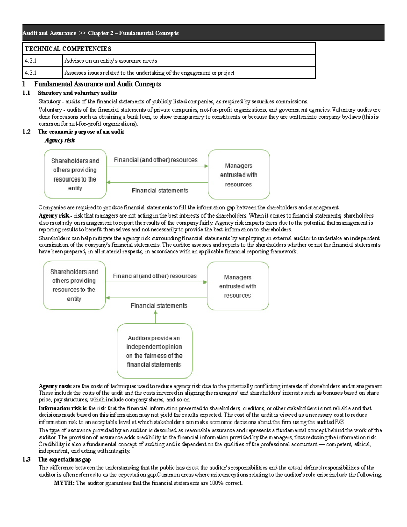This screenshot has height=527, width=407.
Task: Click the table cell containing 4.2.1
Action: click(x=43, y=61)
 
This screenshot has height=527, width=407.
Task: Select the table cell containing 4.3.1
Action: click(x=43, y=73)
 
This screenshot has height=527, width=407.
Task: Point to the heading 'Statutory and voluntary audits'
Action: click(x=77, y=93)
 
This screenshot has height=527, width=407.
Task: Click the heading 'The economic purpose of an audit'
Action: click(x=81, y=132)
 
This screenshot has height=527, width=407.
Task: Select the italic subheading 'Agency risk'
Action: click(x=60, y=140)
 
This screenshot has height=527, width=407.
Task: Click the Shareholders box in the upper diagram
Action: click(x=75, y=174)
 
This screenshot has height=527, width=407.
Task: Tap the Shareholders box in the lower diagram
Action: click(x=74, y=285)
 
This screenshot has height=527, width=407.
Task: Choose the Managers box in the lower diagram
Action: click(x=237, y=286)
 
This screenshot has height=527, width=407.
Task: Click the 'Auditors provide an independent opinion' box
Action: click(x=154, y=351)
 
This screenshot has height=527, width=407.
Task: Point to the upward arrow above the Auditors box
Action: click(x=156, y=317)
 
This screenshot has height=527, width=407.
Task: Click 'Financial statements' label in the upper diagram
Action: click(x=160, y=191)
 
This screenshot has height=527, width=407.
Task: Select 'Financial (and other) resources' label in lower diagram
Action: click(x=155, y=276)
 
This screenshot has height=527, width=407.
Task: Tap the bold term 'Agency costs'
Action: click(x=55, y=386)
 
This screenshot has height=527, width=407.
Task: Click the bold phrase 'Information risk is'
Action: click(x=62, y=408)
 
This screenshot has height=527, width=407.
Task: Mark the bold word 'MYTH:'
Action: click(x=64, y=483)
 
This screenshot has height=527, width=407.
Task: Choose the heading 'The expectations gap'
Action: click(x=64, y=459)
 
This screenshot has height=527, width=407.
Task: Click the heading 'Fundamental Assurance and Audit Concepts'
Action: click(x=97, y=84)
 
